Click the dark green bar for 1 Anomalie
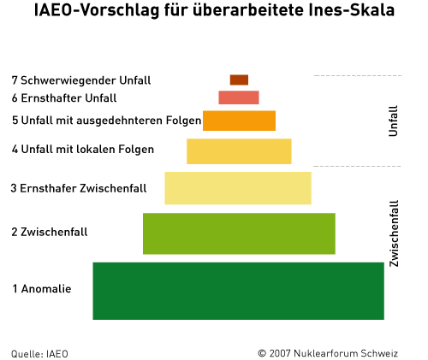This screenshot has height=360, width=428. click(238, 291)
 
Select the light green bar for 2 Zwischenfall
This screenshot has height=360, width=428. click(239, 233)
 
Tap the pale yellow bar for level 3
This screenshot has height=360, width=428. click(238, 188)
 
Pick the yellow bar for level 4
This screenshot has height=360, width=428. click(239, 150)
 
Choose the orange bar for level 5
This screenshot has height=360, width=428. click(239, 121)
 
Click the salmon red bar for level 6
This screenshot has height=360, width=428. click(239, 97)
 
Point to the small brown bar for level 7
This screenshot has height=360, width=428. click(239, 80)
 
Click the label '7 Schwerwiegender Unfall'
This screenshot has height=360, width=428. click(81, 80)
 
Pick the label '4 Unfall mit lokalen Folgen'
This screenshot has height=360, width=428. click(83, 150)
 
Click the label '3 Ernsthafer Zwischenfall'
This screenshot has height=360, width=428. click(79, 188)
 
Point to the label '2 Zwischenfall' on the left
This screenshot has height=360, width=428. click(50, 232)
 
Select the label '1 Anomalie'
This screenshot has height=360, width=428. click(41, 288)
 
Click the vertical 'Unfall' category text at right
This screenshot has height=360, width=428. click(394, 121)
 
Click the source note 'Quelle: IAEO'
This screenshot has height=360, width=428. click(39, 352)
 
